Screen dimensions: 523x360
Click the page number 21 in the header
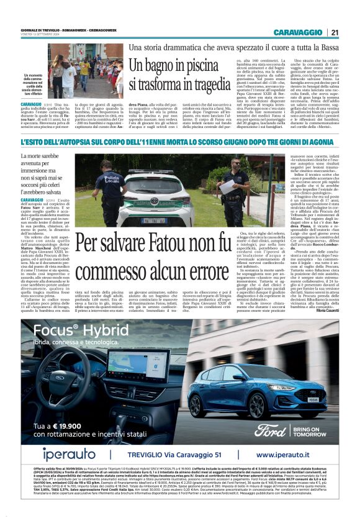(x=335, y=32)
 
